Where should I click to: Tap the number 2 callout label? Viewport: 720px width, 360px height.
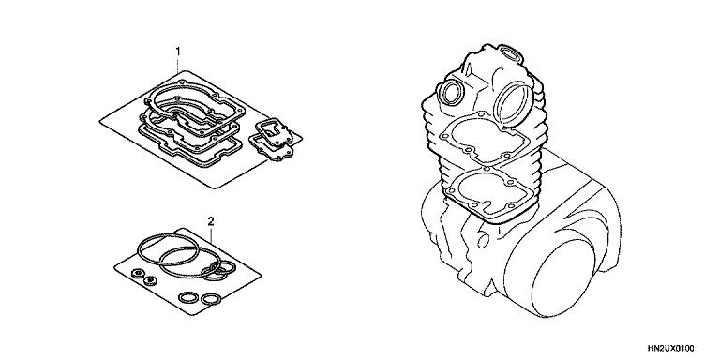(x=211, y=221)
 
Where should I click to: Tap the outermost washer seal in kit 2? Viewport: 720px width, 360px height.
(x=138, y=273)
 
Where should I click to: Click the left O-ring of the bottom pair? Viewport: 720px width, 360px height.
(x=187, y=297)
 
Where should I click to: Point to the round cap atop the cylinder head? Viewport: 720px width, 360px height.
(x=511, y=53)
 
